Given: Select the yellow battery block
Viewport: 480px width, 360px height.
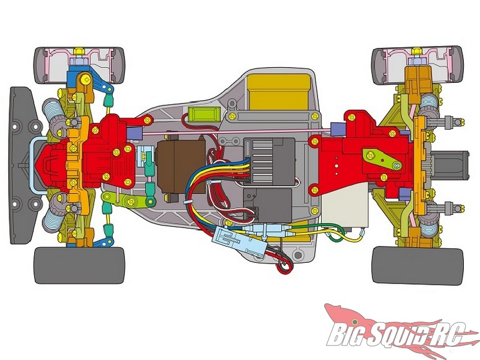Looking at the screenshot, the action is (279, 92).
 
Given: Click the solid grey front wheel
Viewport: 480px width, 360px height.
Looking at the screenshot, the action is (79, 265).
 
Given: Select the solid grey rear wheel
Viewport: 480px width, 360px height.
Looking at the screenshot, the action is (417, 266).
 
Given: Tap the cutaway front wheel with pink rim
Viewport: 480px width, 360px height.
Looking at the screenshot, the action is (80, 65).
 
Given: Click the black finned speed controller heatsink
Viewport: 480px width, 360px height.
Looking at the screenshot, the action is (269, 161).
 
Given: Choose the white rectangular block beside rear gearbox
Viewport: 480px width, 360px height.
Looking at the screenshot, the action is (345, 206).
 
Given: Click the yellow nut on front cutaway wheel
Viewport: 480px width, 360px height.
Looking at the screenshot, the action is (79, 51).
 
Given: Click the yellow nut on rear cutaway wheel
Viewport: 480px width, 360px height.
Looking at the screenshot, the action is (416, 51).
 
